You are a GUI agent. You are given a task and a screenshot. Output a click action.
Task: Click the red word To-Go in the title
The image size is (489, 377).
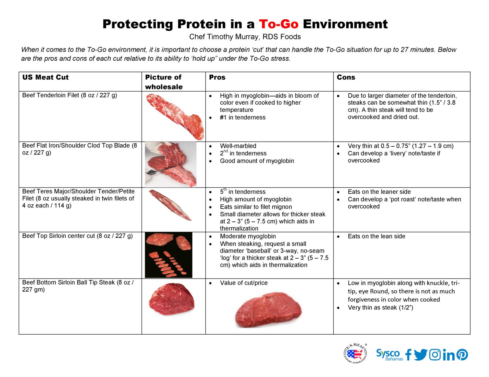tap(278, 24)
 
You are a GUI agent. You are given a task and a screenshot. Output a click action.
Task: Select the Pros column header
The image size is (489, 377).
tap(217, 77)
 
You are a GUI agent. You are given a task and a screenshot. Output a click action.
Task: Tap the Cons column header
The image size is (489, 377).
tap(346, 77)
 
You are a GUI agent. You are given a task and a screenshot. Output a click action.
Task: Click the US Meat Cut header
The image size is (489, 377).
tap(45, 77)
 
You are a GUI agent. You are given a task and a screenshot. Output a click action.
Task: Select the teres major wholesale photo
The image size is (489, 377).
tap(170, 205)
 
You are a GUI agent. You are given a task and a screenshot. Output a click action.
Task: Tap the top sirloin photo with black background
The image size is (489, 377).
tap(168, 255)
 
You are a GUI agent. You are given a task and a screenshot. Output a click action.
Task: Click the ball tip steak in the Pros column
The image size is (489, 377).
tap(268, 311)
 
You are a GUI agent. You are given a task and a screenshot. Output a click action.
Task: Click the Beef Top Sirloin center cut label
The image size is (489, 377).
tap(77, 236)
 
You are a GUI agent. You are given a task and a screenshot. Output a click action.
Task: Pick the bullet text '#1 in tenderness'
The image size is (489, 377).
tap(242, 117)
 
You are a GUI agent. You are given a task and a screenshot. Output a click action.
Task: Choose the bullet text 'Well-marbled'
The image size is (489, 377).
tap(238, 146)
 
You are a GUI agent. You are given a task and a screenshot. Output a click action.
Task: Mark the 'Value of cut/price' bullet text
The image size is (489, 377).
tap(244, 283)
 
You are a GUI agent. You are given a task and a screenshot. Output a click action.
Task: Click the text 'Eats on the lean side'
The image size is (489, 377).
tap(376, 236)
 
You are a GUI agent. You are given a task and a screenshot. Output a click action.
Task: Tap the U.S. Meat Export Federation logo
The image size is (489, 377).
tap(355, 354)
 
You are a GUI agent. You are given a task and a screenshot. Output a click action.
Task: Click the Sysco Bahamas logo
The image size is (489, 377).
tap(389, 355)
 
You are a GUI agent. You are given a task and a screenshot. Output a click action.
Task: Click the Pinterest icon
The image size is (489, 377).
tap(462, 355)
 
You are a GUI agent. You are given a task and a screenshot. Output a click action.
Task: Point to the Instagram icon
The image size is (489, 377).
tap(435, 355)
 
